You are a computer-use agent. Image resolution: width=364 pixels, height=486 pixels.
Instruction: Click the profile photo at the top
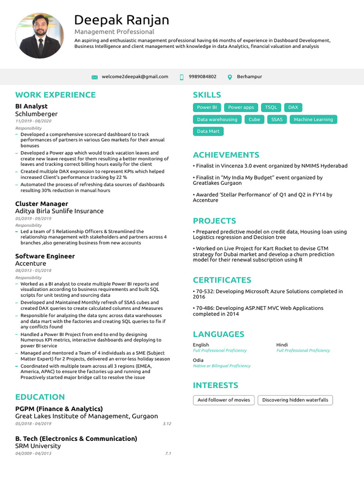pos(39,36)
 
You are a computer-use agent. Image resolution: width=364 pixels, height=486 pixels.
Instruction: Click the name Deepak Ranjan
pos(121,20)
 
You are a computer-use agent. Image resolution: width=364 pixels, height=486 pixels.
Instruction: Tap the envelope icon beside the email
pos(94,77)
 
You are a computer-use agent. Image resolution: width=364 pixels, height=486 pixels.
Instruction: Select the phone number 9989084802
pos(202,76)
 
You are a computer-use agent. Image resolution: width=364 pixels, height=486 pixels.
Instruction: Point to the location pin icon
pos(230,77)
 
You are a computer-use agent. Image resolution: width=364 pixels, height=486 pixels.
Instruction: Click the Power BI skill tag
pos(207,108)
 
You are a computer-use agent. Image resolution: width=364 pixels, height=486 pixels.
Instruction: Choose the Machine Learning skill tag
pos(313,120)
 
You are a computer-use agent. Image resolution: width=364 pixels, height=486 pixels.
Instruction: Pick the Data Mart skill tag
pos(208,131)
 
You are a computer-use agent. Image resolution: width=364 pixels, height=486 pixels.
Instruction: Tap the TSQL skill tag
pos(271,108)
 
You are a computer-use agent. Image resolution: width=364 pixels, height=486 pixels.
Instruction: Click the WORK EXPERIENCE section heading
pos(55,95)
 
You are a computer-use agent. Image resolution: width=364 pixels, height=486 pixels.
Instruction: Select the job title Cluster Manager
pos(42,204)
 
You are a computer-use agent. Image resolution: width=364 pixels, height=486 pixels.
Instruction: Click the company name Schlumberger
pos(36,114)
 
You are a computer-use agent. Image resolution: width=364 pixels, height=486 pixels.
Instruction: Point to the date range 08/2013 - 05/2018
pos(33,270)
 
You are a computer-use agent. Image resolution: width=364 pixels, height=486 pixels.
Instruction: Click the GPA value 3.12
pos(166,423)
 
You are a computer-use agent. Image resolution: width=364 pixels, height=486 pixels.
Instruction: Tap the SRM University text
pos(38,446)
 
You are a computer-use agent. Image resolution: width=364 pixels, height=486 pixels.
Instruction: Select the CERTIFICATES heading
pos(222,280)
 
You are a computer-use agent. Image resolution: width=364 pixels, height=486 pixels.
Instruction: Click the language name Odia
pos(198,360)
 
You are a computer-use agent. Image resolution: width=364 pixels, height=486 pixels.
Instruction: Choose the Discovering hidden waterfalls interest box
pos(295,400)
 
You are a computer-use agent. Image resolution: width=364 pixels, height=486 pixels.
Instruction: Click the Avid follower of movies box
pos(224,400)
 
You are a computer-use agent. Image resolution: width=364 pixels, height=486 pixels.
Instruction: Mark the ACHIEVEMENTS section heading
pos(226,155)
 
